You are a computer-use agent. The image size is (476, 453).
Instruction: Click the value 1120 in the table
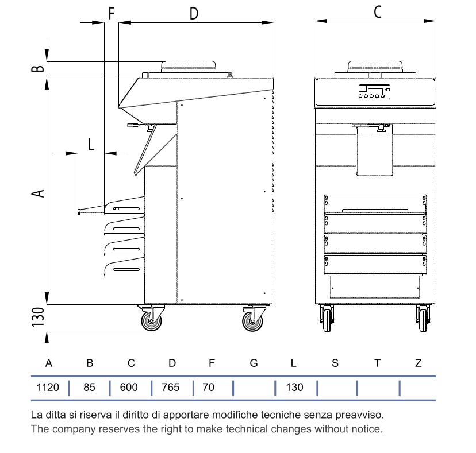point(48,387)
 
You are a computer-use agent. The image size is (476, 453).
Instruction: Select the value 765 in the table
point(171,387)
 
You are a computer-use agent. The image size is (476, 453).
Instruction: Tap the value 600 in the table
point(129,387)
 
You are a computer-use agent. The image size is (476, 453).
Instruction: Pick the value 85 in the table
point(89,387)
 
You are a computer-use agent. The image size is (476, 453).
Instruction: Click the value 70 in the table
point(208,387)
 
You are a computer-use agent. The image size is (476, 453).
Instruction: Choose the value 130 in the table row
point(294,387)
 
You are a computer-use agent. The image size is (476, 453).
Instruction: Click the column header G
point(254,363)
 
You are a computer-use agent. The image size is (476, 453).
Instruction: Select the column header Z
point(419,363)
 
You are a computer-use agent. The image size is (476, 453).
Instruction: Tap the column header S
point(335,363)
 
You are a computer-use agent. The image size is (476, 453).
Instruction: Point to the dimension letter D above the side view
point(194,14)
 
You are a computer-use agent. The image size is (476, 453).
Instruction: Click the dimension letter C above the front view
point(377,12)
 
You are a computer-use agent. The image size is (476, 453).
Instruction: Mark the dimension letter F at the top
point(112,14)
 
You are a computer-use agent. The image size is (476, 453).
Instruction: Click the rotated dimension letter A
point(38,193)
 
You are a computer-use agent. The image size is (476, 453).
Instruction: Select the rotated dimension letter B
point(38,68)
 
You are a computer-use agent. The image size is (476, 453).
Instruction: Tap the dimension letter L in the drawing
point(91,144)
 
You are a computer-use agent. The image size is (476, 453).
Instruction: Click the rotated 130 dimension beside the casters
point(38,317)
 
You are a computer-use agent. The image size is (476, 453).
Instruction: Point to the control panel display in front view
point(374,92)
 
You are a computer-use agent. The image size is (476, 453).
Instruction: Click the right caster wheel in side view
point(252,322)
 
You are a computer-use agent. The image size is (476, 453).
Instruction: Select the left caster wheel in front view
point(327,320)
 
